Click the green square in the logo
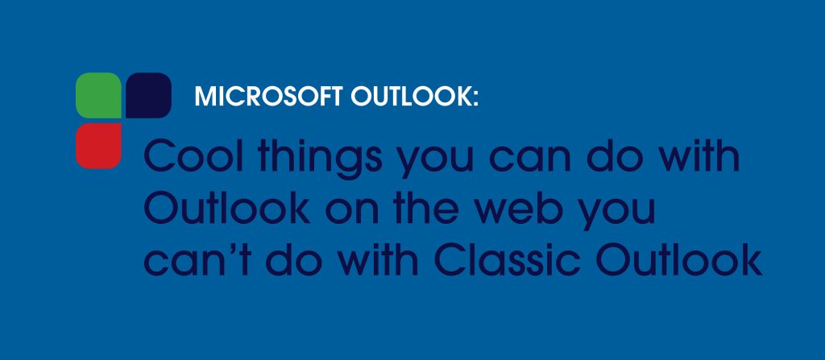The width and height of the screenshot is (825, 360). [98, 95]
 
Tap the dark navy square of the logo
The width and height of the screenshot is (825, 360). [148, 95]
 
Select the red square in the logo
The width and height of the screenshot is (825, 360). [98, 146]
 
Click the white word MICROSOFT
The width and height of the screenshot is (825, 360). [268, 97]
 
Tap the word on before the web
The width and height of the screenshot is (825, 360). [350, 212]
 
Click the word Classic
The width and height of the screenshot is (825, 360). [508, 259]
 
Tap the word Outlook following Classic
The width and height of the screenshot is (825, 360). [679, 259]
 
